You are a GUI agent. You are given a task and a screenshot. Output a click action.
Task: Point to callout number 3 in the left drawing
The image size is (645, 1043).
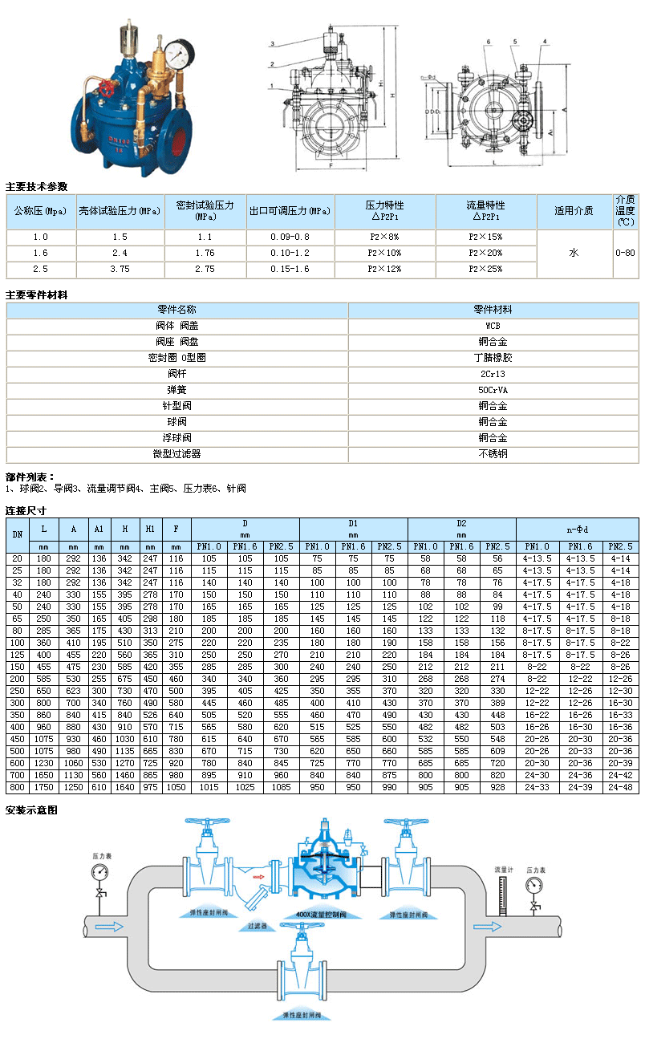[x=273, y=43]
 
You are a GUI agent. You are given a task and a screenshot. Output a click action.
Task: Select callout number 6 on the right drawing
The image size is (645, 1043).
[x=487, y=40]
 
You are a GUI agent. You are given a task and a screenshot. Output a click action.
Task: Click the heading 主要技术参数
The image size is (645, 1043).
[x=37, y=186]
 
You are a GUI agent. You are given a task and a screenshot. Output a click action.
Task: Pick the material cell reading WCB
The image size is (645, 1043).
[x=493, y=326]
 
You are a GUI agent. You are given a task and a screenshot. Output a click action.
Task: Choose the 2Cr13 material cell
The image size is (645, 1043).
[x=493, y=374]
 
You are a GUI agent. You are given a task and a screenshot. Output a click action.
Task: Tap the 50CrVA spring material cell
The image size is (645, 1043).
[x=493, y=390]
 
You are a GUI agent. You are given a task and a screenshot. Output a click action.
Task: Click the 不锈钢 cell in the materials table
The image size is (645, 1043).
[x=493, y=454]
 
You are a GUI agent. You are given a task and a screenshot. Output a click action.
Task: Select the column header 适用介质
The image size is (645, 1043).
[x=574, y=211]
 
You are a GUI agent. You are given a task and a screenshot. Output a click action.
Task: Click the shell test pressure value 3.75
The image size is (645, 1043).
[x=120, y=269]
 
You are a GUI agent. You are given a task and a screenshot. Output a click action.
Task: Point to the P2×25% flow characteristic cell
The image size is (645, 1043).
[x=485, y=269]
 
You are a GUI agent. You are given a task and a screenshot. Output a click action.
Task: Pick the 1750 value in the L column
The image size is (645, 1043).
[x=44, y=788]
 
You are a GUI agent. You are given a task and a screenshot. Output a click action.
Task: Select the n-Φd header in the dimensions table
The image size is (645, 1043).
[x=577, y=529]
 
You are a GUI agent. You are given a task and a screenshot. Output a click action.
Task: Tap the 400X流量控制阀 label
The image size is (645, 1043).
[x=321, y=915]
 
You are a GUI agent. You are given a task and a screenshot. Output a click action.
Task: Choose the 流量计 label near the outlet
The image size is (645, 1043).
[x=503, y=869]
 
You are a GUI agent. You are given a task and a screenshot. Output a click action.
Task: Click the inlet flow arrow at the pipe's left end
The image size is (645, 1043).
[x=113, y=927]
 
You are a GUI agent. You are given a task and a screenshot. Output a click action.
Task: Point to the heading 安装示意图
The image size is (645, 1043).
[x=31, y=810]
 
